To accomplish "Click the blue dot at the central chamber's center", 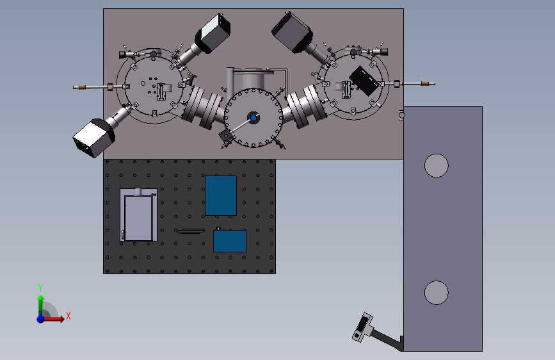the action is pyautogui.click(x=253, y=118).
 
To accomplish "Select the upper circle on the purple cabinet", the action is pyautogui.click(x=437, y=165).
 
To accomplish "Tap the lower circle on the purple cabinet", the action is pyautogui.click(x=437, y=293).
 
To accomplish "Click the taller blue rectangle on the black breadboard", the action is pyautogui.click(x=221, y=195).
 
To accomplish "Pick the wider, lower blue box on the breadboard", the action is pyautogui.click(x=230, y=241).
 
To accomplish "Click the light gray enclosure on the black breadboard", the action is pyautogui.click(x=139, y=215).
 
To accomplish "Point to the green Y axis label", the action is pyautogui.click(x=40, y=288).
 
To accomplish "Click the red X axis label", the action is pyautogui.click(x=68, y=316).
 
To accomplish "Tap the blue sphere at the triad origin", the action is pyautogui.click(x=41, y=319).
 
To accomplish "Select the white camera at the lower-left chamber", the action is pyautogui.click(x=94, y=138).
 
